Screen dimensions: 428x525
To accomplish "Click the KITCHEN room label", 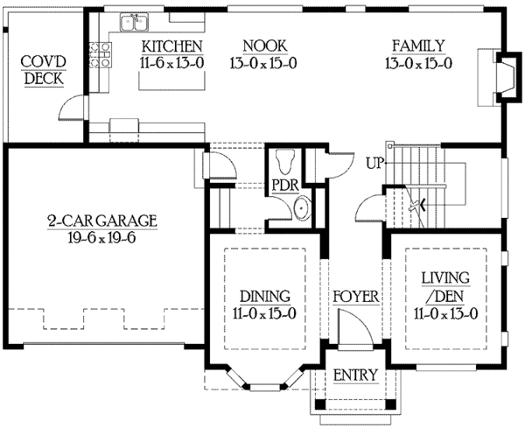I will pyautogui.click(x=172, y=46).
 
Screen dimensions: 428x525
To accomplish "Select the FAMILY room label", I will pyautogui.click(x=417, y=46).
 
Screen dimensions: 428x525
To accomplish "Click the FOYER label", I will pyautogui.click(x=356, y=297).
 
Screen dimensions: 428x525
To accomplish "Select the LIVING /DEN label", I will pyautogui.click(x=446, y=289).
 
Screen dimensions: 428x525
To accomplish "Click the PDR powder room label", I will pyautogui.click(x=284, y=186).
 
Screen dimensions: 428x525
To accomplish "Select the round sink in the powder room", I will pyautogui.click(x=301, y=208).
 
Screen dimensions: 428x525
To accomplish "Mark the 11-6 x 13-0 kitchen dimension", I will pyautogui.click(x=172, y=63).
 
